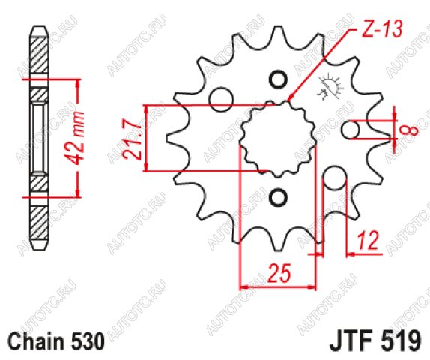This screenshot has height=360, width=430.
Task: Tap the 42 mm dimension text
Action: tap(73, 139)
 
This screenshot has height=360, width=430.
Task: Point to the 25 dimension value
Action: tap(279, 273)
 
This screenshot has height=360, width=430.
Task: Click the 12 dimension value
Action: tap(368, 241)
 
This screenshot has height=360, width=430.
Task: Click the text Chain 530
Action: tap(56, 341)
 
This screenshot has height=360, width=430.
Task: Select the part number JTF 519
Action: tap(375, 341)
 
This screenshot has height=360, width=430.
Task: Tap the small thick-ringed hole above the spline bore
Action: tap(279, 79)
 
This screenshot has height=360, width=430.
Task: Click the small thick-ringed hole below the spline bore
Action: tap(279, 197)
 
